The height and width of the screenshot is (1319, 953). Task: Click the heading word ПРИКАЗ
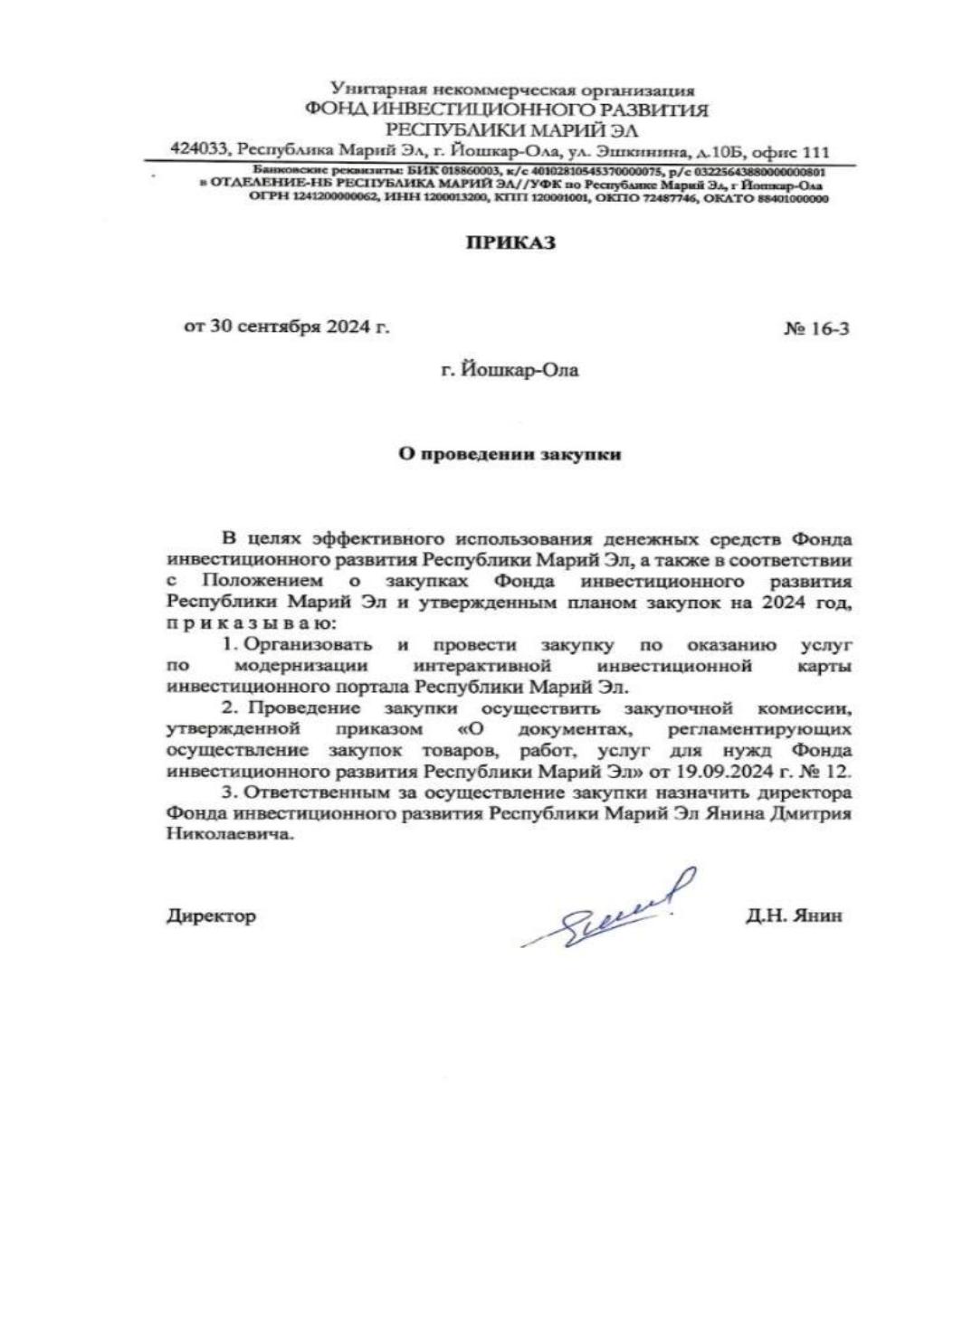(x=510, y=243)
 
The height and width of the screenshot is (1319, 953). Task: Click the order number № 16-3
(x=816, y=328)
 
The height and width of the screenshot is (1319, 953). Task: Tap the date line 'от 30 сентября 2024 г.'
(x=287, y=327)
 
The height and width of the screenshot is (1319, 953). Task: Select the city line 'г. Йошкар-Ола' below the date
(x=510, y=370)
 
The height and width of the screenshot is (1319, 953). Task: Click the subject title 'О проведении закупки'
(x=510, y=454)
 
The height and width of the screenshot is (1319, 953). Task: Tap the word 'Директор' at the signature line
(x=211, y=916)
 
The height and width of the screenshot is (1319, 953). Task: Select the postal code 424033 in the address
(x=200, y=151)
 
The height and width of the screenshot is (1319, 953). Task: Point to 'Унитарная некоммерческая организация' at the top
(x=512, y=90)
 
